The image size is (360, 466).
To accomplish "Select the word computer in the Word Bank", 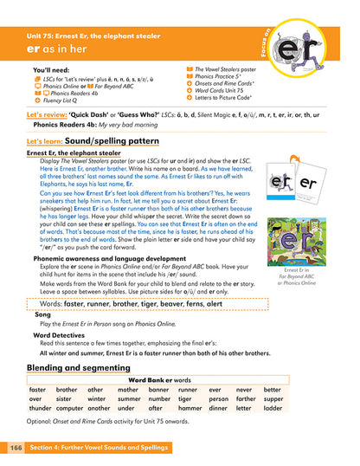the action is tap(70, 407).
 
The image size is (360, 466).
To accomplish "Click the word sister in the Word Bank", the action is tap(66, 398).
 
